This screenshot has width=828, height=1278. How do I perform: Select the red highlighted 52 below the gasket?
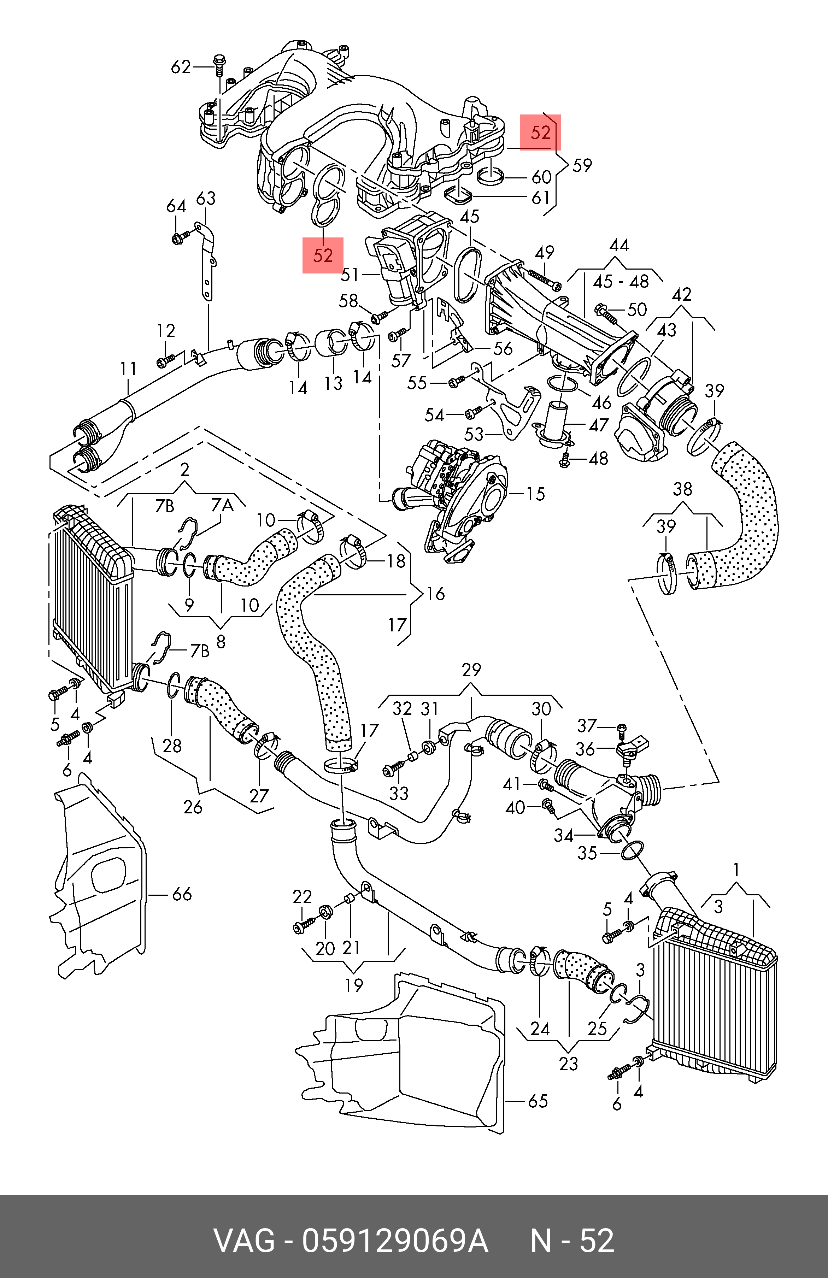tap(323, 255)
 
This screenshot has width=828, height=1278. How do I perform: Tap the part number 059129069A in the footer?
tap(395, 1241)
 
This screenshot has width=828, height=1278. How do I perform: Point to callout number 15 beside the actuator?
tap(535, 494)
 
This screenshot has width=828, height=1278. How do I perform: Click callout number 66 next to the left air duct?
tap(182, 894)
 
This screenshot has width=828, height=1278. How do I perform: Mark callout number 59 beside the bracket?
tap(582, 165)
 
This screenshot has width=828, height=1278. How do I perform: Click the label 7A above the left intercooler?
tap(222, 505)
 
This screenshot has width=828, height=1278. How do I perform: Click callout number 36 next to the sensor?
tap(585, 749)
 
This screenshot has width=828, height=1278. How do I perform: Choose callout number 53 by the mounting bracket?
tap(474, 434)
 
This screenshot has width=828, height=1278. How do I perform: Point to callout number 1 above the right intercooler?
tap(736, 869)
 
